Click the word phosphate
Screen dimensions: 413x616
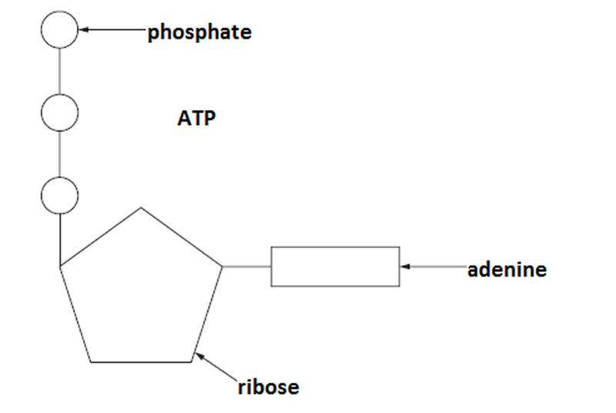point(199,32)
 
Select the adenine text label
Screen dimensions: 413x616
point(507,270)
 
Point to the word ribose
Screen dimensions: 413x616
point(268,386)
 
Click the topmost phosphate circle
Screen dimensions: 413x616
point(60,30)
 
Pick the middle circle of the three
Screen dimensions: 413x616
point(60,112)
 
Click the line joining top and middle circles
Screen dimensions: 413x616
point(60,71)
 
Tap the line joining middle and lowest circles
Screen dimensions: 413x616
point(60,153)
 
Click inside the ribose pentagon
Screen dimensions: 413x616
point(140,293)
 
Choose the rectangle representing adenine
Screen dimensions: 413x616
point(335,267)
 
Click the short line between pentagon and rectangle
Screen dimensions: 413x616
point(246,267)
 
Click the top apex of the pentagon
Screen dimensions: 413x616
point(140,208)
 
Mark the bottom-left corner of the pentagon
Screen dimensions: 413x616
point(91,361)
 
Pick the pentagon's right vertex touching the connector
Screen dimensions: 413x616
point(223,267)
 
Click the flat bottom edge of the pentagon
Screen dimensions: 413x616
point(142,361)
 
